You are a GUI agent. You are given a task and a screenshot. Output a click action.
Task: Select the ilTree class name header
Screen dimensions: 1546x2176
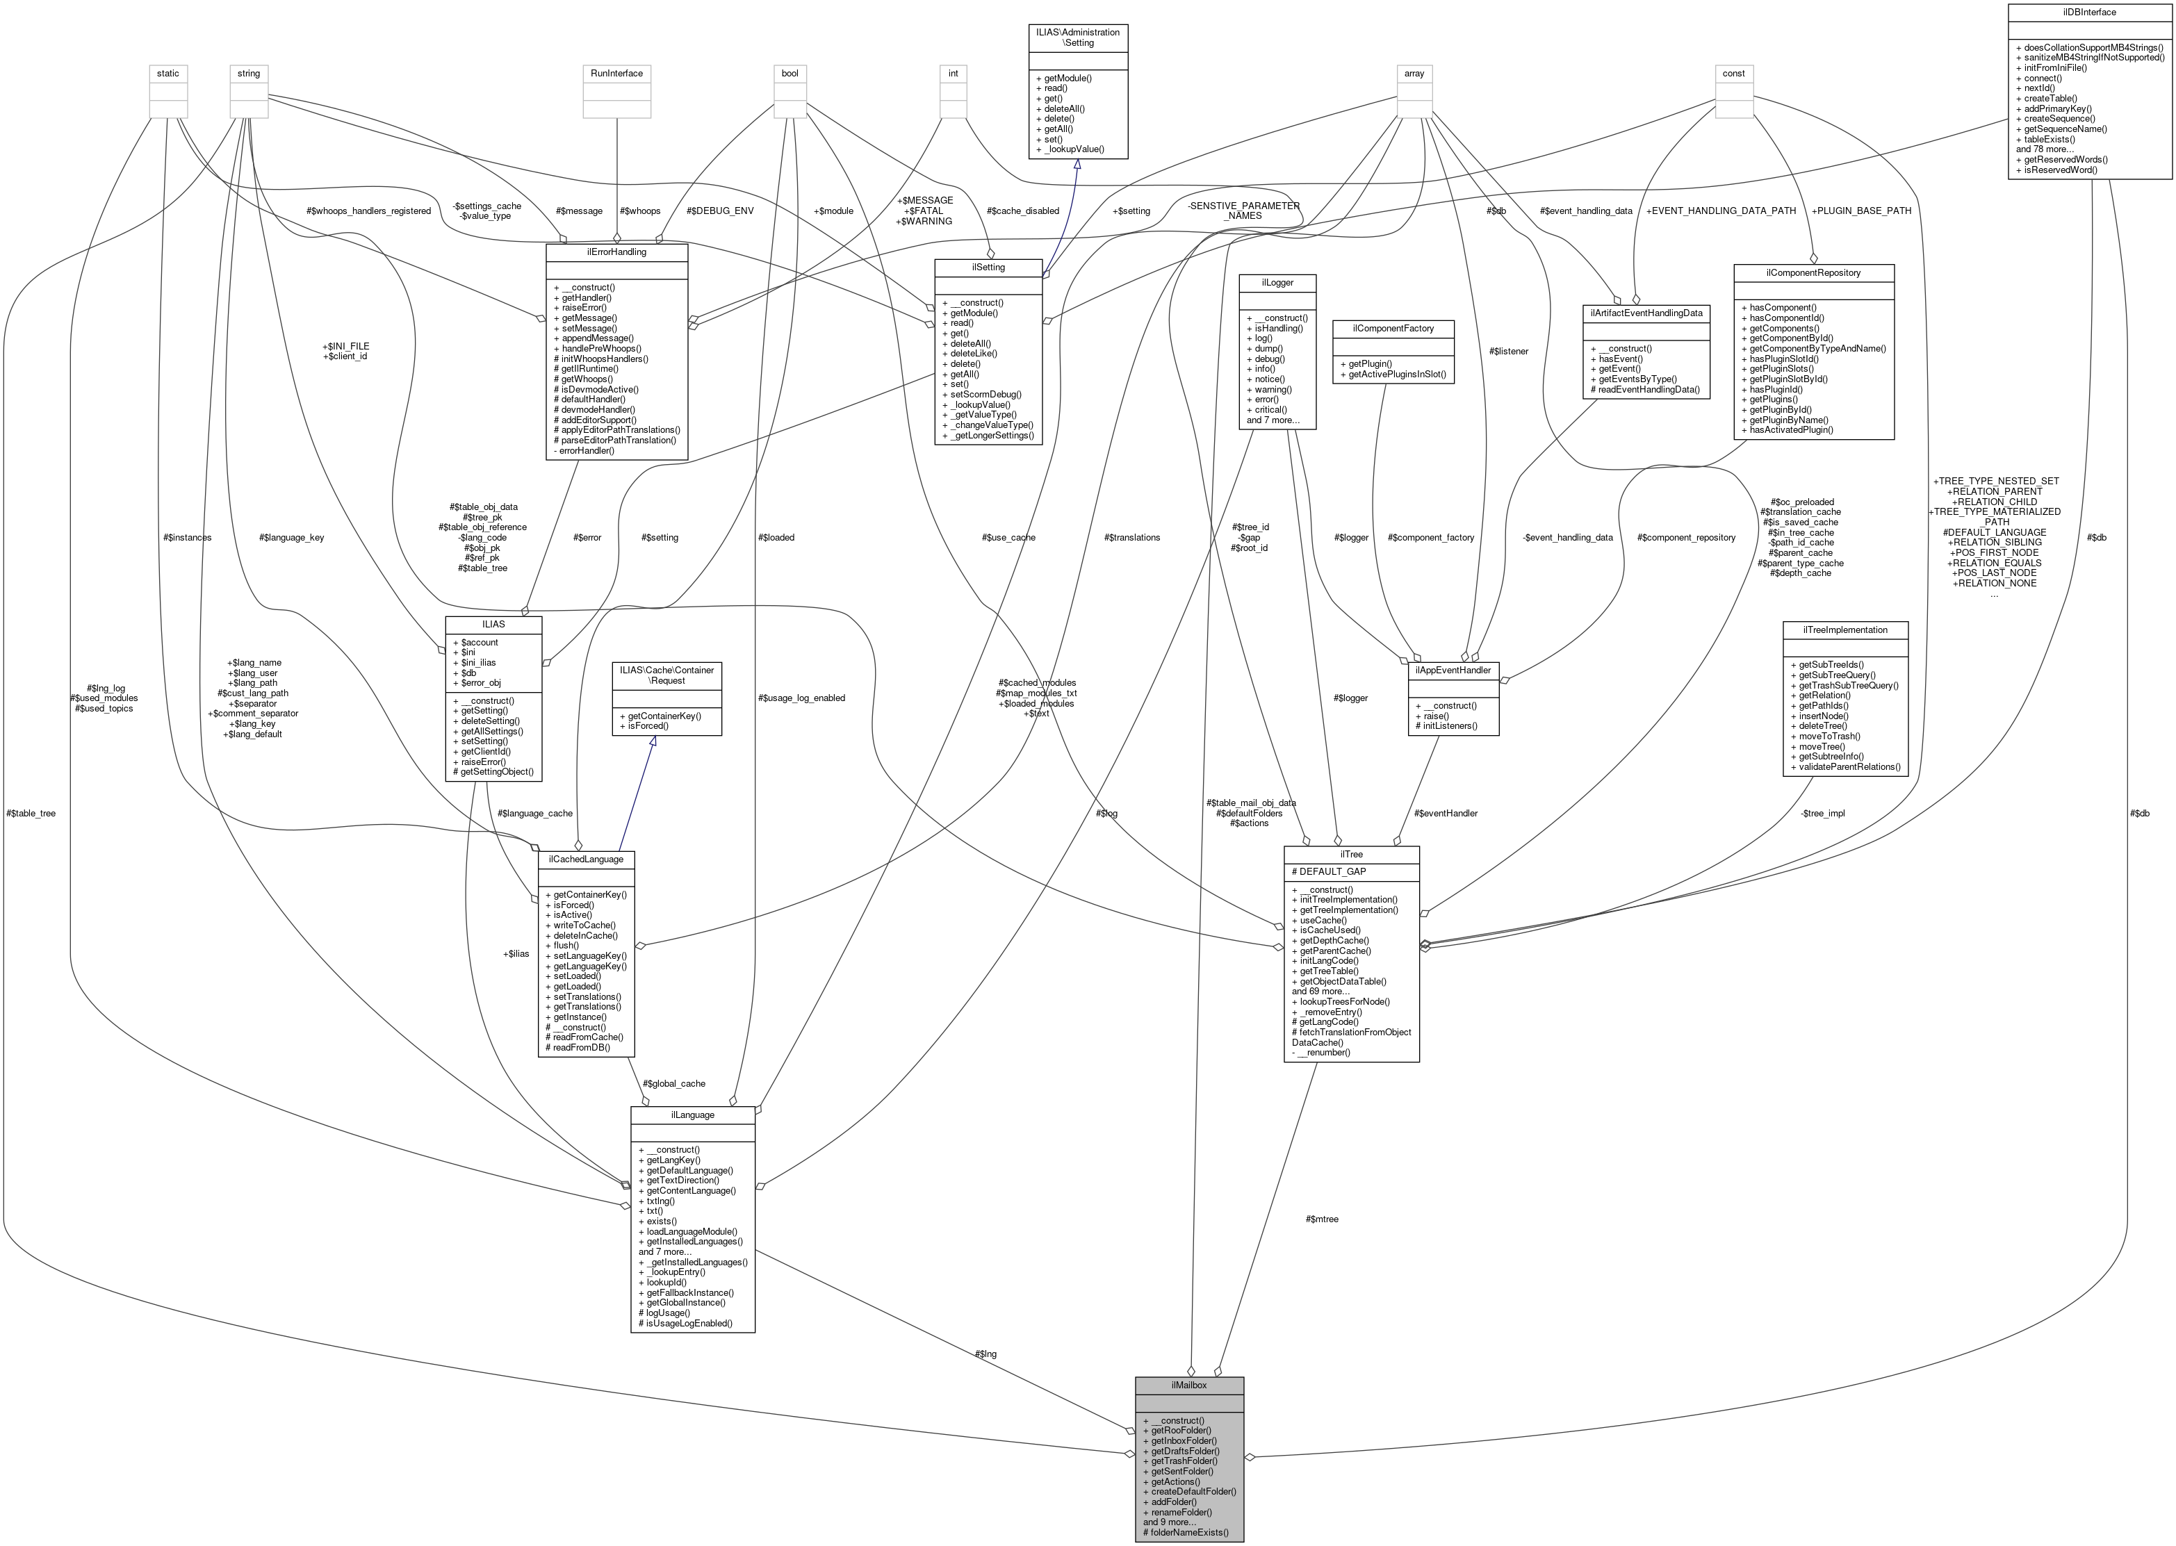1350,854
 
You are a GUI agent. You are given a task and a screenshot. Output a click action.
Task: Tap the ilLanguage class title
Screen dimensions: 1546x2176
692,1114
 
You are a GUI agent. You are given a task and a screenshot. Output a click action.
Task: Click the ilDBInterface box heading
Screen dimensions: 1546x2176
2089,13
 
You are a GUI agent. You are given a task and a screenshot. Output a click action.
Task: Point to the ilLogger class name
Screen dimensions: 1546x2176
1276,282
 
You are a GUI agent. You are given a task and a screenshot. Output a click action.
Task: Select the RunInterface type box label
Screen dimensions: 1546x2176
616,73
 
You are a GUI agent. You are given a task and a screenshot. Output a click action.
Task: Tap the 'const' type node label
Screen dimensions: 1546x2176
1733,73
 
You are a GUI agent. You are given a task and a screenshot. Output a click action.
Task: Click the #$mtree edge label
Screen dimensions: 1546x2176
1322,1219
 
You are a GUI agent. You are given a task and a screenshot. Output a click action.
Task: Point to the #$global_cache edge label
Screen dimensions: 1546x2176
673,1083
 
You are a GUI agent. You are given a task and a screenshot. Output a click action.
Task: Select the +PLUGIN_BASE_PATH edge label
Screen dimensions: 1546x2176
1860,211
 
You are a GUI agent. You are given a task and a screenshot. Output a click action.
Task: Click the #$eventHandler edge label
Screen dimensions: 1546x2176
1446,813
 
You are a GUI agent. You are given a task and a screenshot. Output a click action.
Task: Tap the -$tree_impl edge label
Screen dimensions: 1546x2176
1823,813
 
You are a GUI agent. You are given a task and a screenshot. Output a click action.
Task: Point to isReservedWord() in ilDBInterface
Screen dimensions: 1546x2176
2061,170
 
